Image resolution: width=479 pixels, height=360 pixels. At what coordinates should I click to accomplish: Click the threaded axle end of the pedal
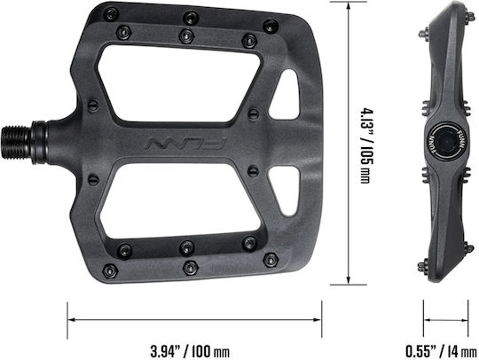[x=17, y=142]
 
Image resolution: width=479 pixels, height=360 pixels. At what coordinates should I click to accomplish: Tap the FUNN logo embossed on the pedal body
[x=185, y=144]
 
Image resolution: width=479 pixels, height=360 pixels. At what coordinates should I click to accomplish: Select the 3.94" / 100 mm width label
[x=190, y=351]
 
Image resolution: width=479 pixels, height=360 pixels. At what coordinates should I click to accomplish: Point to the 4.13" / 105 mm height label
[x=365, y=145]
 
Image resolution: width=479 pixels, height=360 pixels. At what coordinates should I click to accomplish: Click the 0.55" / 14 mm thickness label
[x=441, y=351]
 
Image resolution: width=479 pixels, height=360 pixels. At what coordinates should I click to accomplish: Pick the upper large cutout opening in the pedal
[x=179, y=84]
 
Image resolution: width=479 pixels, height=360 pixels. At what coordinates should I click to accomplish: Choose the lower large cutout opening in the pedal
[x=179, y=201]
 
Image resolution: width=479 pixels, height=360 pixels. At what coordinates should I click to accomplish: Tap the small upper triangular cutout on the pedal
[x=286, y=94]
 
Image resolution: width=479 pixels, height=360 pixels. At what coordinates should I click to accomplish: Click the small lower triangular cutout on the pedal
[x=286, y=191]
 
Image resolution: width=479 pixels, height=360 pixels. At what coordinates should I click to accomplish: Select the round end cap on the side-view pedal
[x=446, y=142]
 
